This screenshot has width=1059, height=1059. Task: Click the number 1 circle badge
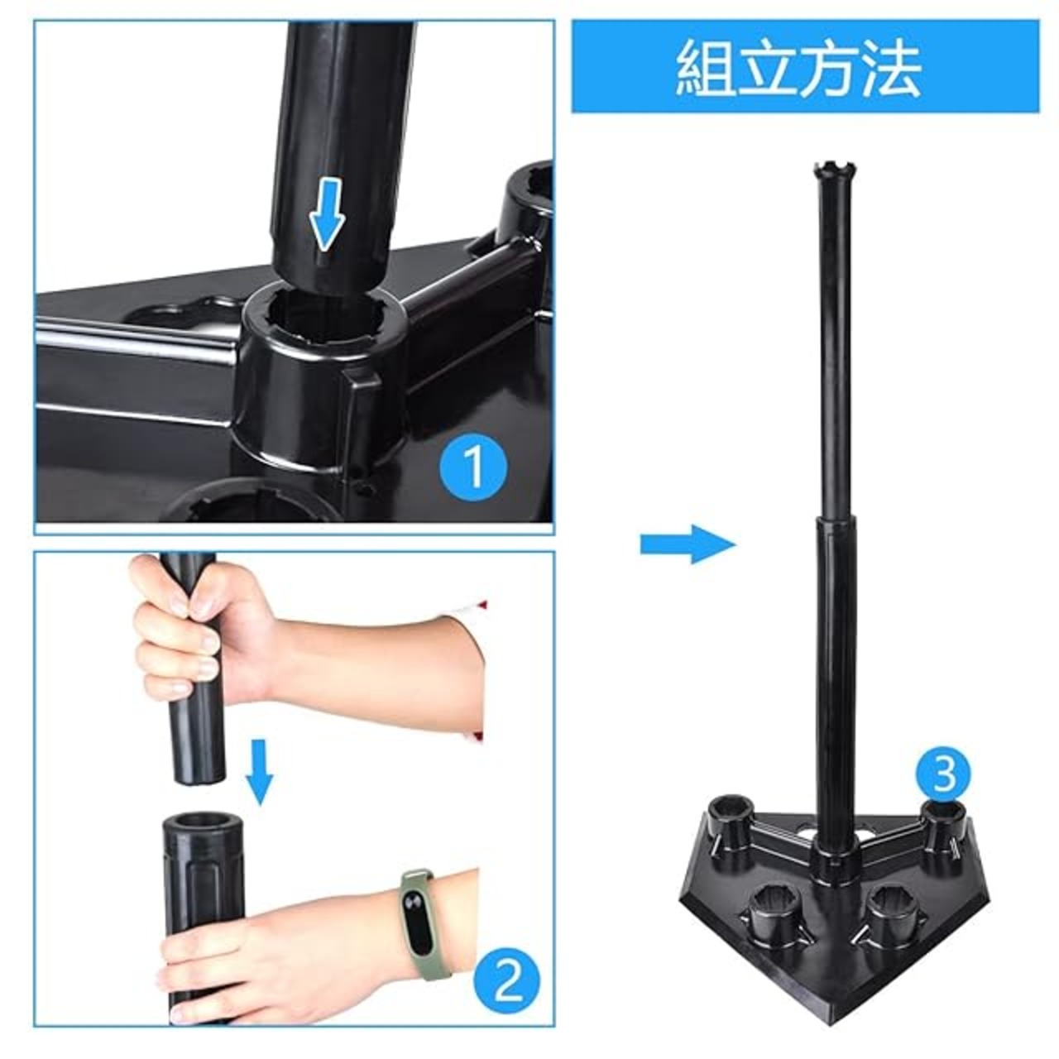tap(473, 466)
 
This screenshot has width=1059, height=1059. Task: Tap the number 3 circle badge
tap(943, 774)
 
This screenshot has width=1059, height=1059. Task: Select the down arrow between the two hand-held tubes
tap(258, 771)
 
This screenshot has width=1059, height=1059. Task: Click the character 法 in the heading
tap(891, 68)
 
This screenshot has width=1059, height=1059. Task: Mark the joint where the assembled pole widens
tap(832, 522)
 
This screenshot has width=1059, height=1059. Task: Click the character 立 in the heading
tap(769, 68)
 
